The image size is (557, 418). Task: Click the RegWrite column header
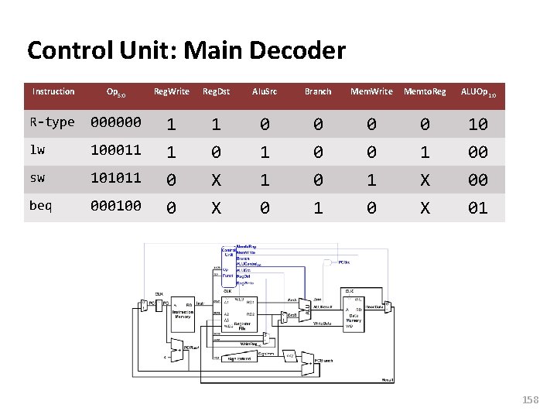171,91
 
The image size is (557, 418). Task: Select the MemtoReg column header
425,91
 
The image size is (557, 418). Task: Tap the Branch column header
318,91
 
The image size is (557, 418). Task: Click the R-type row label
52,122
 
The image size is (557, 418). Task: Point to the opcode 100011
116,150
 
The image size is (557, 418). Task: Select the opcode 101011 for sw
116,178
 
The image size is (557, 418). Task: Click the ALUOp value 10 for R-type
478,124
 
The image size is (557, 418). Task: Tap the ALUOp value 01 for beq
478,207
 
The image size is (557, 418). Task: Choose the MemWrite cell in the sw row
371,180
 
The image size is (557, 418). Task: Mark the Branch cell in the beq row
318,207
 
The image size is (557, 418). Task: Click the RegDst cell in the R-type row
217,124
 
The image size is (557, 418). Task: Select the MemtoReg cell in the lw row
425,152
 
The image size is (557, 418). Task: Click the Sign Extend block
241,358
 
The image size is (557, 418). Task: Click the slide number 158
530,400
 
